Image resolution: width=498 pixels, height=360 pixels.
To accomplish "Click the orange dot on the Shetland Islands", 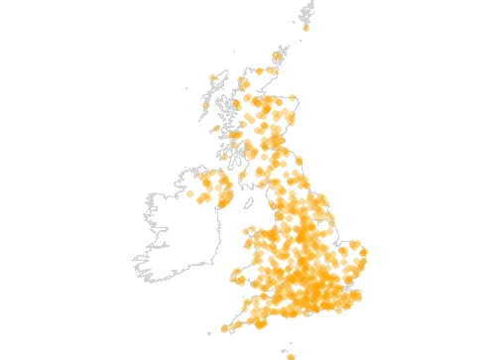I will (306, 28).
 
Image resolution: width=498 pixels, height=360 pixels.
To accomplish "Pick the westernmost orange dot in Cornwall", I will (225, 329).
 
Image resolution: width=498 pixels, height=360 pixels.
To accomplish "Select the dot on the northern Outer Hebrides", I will (212, 78).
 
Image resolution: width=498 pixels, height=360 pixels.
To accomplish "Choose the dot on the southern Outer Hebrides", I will (206, 104).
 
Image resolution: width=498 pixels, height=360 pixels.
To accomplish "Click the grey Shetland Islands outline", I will (309, 12).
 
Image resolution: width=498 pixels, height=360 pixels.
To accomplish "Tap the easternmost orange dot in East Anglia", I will (363, 254).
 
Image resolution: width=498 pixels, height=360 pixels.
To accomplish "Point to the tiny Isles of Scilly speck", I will (209, 334).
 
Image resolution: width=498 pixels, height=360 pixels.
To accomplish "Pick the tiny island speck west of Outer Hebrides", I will (186, 88).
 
